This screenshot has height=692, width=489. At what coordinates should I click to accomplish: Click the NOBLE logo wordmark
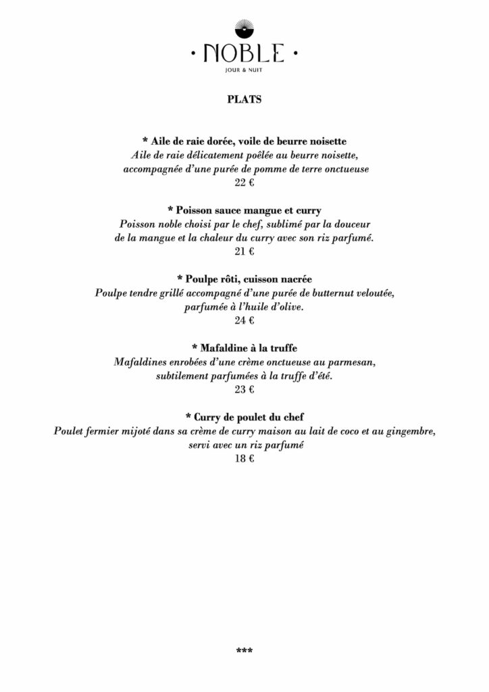(244, 52)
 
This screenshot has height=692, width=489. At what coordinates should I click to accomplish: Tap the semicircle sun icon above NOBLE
(244, 28)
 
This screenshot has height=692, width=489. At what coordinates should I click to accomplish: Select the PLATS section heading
(244, 99)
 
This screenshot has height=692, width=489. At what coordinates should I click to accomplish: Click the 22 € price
(244, 182)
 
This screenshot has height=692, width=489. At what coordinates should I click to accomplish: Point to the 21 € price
(244, 251)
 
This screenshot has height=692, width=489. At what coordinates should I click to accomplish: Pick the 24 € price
(244, 320)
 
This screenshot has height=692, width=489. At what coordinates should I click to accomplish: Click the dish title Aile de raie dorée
(244, 141)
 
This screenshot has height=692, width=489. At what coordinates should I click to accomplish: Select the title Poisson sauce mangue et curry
(244, 210)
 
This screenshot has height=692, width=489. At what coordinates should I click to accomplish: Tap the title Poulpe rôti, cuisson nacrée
(244, 279)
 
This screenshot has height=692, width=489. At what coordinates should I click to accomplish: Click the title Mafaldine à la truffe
(244, 348)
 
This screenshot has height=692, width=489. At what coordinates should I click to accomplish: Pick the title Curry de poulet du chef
(244, 417)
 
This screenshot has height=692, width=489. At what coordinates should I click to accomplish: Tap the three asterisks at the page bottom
(244, 651)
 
